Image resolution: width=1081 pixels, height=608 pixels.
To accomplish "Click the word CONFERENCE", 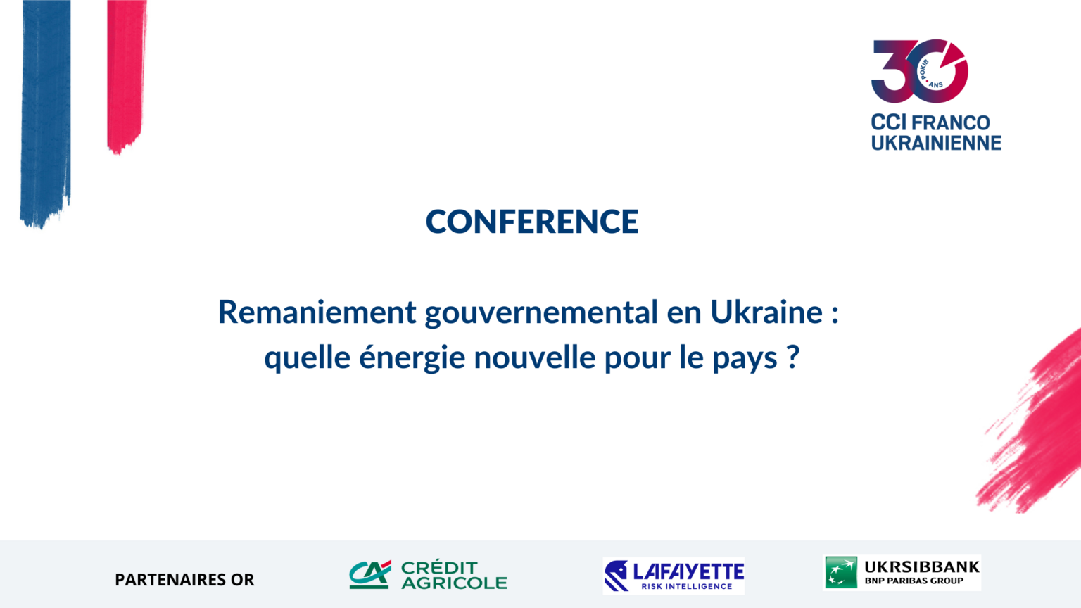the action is (532, 222).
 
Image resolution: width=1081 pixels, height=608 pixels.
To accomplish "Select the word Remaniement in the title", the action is (317, 312).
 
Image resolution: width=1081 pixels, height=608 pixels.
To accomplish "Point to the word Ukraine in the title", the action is (766, 312).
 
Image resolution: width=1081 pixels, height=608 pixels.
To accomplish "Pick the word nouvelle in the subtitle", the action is (535, 357).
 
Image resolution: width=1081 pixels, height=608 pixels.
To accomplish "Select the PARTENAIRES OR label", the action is (184, 580).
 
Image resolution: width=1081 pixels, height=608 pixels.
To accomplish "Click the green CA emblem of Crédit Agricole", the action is (370, 574).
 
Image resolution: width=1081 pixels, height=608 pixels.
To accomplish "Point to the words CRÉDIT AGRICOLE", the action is (454, 575).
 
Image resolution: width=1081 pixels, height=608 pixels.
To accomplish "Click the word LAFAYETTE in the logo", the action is (688, 572).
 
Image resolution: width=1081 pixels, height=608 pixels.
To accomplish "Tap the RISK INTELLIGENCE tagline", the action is (687, 587).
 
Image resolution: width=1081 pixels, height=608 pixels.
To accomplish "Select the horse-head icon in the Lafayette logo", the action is (617, 576).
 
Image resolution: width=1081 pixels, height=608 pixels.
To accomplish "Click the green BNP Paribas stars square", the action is (841, 572).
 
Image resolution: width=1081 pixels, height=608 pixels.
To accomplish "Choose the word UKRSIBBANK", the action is (922, 567).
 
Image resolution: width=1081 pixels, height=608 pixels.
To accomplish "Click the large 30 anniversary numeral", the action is (919, 71).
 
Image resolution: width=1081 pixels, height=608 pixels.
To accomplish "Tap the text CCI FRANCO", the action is (930, 123).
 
